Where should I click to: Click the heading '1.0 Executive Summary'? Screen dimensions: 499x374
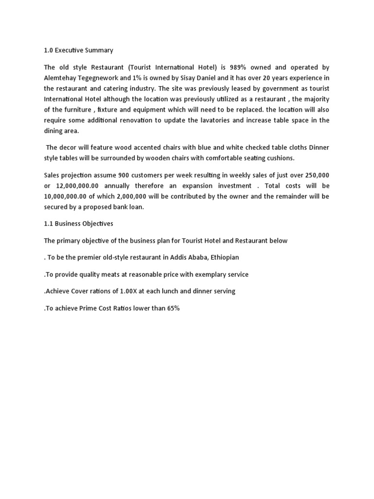point(78,50)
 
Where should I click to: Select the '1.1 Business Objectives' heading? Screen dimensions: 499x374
point(79,224)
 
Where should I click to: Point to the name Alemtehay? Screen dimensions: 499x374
point(61,78)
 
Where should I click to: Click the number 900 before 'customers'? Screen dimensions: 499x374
point(124,175)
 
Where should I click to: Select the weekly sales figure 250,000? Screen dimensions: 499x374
point(314,175)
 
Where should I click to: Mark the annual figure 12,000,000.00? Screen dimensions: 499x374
point(77,186)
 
